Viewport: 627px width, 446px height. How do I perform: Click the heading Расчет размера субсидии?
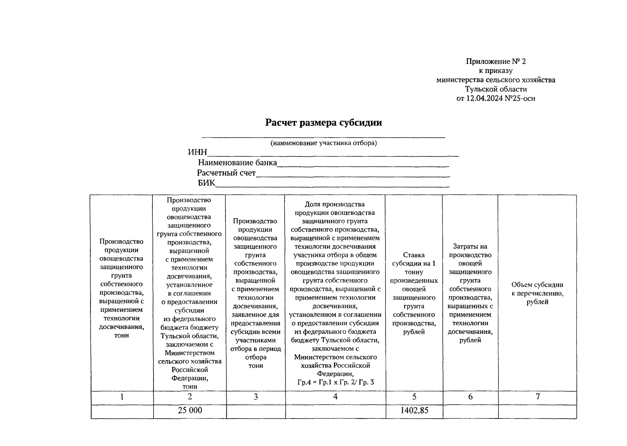point(323,123)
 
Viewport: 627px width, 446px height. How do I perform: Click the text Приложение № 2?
point(496,61)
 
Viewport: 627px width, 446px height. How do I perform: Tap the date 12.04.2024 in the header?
point(483,98)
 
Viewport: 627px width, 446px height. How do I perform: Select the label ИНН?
point(197,152)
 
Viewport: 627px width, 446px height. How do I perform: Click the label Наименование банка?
point(237,163)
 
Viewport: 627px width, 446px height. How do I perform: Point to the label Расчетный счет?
point(226,173)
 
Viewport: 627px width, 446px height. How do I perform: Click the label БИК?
point(206,183)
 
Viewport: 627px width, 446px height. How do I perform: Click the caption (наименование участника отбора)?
point(323,143)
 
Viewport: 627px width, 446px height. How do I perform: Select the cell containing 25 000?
point(190,410)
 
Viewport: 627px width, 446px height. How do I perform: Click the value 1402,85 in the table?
point(414,410)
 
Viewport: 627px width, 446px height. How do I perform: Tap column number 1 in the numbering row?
point(122,397)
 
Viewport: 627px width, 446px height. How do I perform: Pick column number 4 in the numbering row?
point(335,397)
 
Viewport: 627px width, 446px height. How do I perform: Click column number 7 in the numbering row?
point(537,397)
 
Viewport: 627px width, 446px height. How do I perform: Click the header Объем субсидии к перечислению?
point(537,293)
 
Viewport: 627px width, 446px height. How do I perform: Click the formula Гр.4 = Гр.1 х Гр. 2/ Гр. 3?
point(335,382)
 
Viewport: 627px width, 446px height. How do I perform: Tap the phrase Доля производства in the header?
point(334,204)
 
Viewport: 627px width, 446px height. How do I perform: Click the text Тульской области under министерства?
point(496,89)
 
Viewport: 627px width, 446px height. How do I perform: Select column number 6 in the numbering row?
point(470,397)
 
